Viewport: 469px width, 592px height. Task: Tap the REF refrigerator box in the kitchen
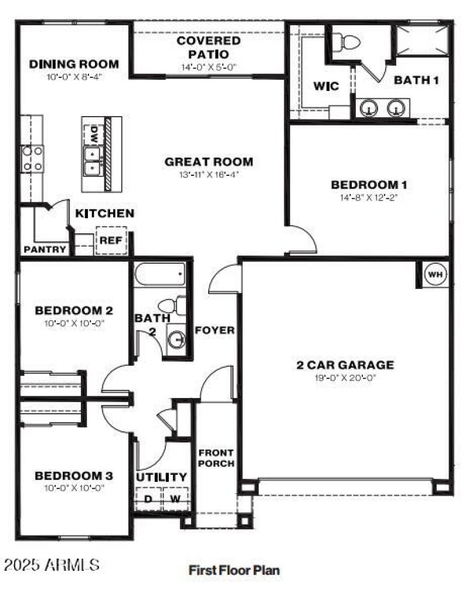point(110,240)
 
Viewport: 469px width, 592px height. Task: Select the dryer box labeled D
point(148,499)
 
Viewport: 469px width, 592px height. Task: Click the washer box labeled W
point(175,499)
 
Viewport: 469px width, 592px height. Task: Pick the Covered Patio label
point(209,47)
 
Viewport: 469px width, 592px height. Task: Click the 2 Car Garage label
point(345,365)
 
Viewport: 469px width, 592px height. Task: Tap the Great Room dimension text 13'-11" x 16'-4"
point(209,175)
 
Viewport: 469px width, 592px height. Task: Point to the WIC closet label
point(326,86)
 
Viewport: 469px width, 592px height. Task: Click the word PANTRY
point(45,249)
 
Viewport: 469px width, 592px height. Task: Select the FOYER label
point(215,330)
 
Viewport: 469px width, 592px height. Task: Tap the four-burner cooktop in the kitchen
point(32,159)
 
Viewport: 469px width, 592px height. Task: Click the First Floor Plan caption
point(234,569)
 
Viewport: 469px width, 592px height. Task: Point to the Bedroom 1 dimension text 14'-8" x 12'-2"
point(369,198)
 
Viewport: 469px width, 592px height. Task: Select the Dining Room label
point(74,64)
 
